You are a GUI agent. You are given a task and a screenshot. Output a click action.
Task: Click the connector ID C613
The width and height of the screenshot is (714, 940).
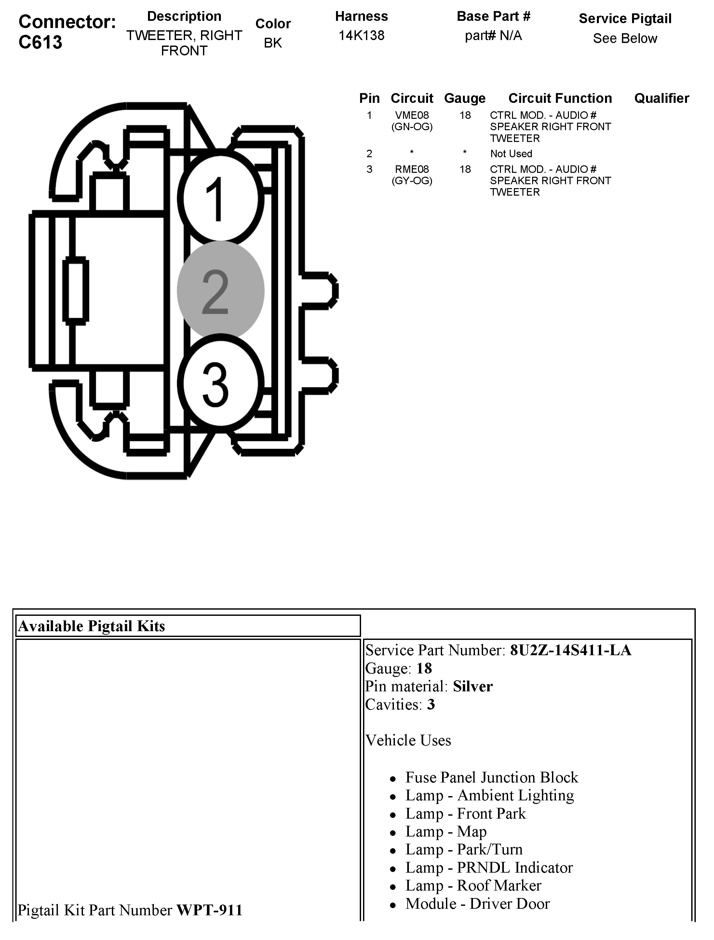click(40, 42)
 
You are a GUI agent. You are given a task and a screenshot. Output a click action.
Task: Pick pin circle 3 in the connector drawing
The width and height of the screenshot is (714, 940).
click(220, 383)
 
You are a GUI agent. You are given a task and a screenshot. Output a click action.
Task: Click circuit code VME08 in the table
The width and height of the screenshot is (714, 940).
click(411, 115)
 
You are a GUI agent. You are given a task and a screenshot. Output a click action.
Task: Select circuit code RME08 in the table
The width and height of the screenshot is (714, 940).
click(411, 169)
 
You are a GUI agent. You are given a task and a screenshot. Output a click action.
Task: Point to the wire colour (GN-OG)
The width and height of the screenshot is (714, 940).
click(411, 127)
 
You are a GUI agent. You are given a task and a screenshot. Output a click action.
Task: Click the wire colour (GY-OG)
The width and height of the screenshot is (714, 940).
click(411, 181)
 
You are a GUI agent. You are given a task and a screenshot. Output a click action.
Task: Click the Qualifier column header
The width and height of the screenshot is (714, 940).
click(661, 98)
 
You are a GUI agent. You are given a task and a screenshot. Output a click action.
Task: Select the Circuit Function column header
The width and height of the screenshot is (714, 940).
click(560, 98)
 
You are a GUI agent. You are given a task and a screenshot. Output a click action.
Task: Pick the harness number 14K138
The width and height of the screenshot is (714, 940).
click(361, 35)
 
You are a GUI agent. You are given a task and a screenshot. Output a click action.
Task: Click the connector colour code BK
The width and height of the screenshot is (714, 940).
click(273, 43)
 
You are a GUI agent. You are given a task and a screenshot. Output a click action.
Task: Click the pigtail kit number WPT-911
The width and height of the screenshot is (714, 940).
click(209, 910)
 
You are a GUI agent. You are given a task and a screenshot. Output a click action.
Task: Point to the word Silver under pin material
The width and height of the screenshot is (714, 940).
click(473, 686)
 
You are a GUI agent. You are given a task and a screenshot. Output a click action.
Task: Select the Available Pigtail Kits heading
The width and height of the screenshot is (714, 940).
click(91, 626)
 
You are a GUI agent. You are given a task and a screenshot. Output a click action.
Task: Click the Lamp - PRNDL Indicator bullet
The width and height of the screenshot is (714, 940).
click(489, 867)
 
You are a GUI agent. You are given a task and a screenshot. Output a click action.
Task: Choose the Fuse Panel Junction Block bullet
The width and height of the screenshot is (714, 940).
click(491, 777)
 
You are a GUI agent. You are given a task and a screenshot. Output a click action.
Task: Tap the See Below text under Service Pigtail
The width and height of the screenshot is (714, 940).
click(625, 38)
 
